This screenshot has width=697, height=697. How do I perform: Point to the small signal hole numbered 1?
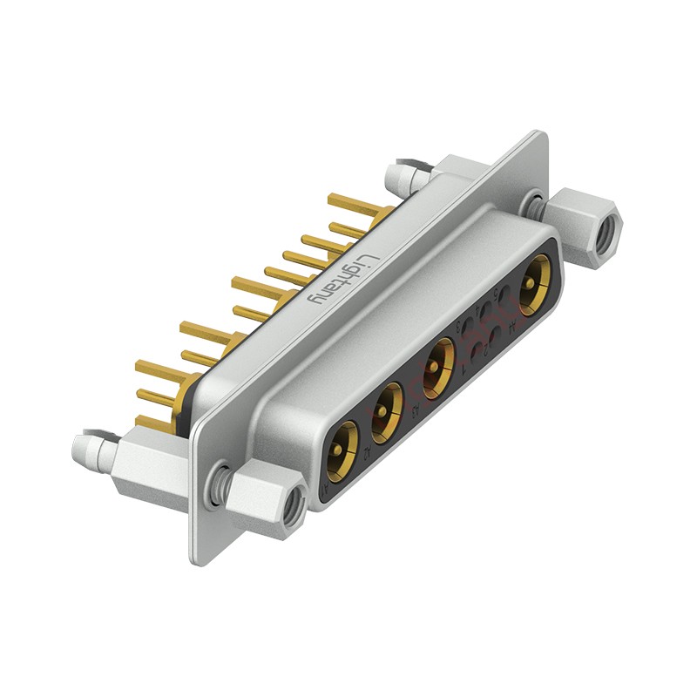[x=477, y=355]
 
